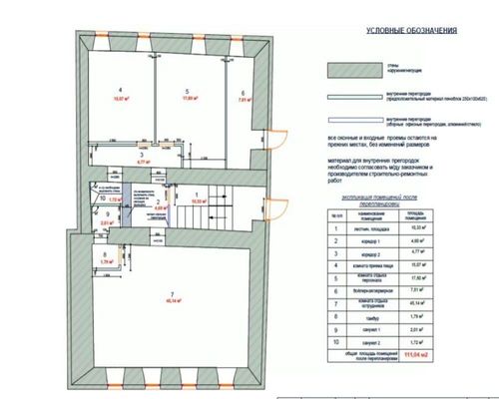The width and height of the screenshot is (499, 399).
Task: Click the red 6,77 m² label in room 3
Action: [x=142, y=160]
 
